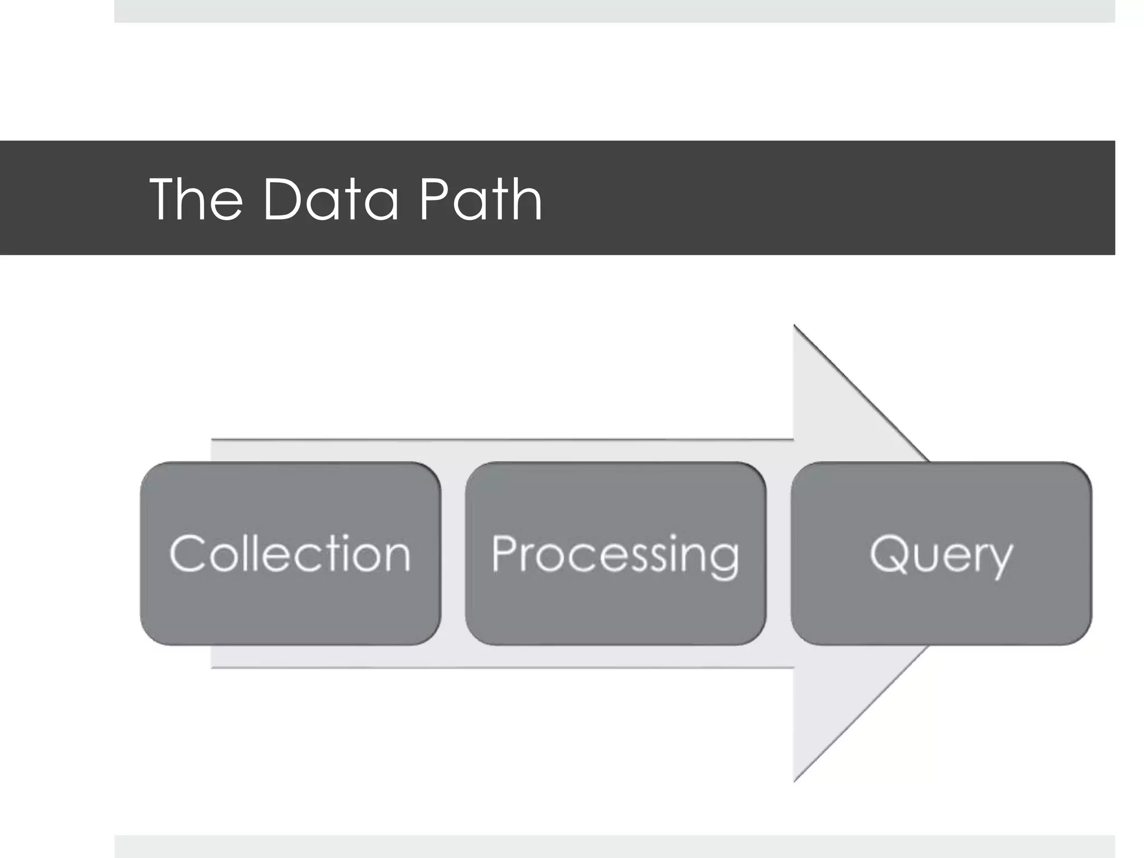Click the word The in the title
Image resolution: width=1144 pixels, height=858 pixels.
pyautogui.click(x=196, y=199)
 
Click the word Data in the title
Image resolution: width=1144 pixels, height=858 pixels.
pyautogui.click(x=330, y=199)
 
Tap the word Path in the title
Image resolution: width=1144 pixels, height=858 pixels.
pyautogui.click(x=480, y=199)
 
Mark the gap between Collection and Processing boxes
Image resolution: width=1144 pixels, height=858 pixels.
pyautogui.click(x=453, y=553)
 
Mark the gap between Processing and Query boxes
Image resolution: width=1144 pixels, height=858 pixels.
pyautogui.click(x=779, y=553)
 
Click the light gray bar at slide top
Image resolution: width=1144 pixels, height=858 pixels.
pyautogui.click(x=614, y=11)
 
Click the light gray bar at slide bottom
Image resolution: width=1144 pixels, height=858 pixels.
pyautogui.click(x=614, y=847)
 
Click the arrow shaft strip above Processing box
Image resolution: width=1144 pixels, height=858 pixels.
pyautogui.click(x=614, y=451)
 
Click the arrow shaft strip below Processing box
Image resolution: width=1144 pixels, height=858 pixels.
pyautogui.click(x=614, y=656)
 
